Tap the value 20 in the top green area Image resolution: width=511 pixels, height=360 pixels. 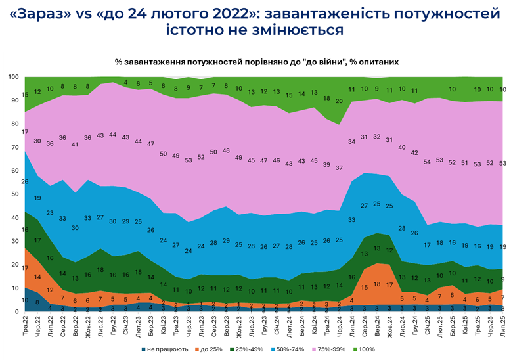[340, 101]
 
